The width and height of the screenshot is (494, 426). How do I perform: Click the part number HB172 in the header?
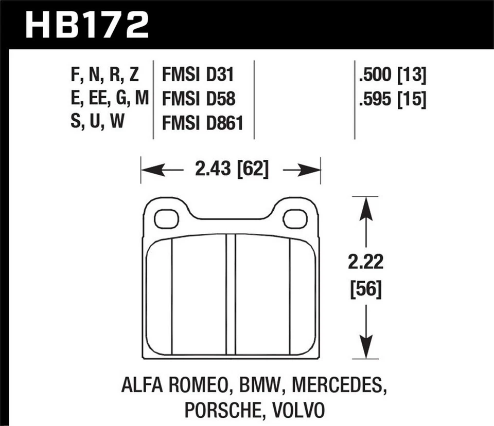tap(87, 24)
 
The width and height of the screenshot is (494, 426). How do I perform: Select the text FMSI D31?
tap(198, 76)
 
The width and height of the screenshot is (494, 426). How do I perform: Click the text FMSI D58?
tap(198, 99)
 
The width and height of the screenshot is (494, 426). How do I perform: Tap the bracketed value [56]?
tap(365, 291)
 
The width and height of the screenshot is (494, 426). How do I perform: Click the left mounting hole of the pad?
tap(166, 219)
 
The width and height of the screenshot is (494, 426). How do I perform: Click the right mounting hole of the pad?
tap(295, 219)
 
